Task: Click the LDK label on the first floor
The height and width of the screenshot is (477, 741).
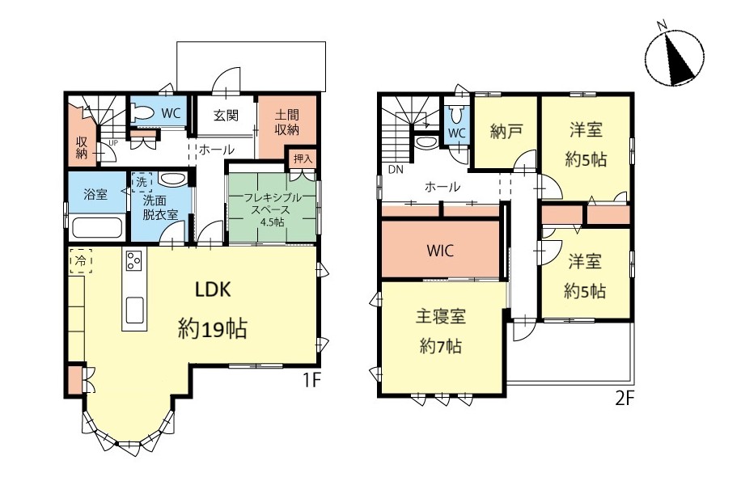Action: click(213, 289)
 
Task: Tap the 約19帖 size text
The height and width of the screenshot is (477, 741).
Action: click(213, 329)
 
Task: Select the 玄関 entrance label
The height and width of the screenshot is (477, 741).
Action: click(226, 116)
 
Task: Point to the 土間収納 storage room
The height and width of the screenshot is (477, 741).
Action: click(286, 127)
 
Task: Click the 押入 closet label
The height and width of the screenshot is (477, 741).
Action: click(303, 158)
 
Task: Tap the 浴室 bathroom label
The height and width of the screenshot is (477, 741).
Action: click(95, 194)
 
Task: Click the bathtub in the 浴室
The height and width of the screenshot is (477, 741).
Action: click(97, 226)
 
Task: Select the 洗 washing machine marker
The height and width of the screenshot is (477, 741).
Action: click(142, 182)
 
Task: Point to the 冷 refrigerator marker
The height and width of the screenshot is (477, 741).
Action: click(80, 260)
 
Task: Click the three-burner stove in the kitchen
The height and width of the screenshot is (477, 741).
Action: click(134, 260)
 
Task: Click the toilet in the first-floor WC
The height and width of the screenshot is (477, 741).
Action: click(142, 114)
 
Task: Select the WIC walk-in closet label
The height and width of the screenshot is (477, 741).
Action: click(440, 250)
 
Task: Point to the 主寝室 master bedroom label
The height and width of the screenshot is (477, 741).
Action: click(440, 316)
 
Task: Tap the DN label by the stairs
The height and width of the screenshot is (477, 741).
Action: click(396, 170)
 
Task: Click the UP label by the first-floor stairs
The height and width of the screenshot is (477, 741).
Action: click(113, 142)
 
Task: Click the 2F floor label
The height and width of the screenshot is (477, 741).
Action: click(625, 399)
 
